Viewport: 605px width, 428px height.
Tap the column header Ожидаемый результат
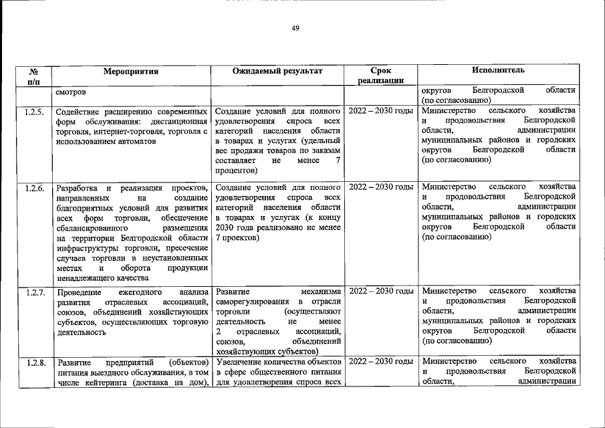277,70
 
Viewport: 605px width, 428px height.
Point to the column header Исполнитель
498,70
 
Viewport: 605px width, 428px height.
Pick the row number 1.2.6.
34,188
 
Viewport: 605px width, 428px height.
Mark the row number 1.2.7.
34,292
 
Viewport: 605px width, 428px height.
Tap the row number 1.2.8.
34,363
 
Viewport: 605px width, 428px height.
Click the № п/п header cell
34,75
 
